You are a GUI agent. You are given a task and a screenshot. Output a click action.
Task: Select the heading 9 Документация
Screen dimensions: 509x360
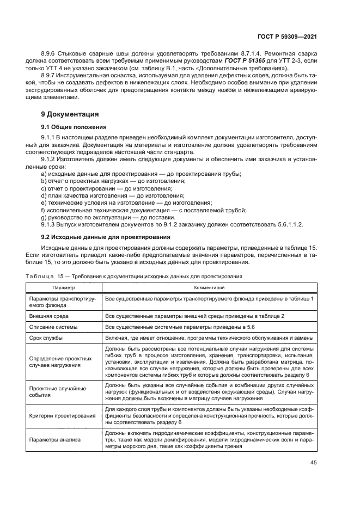[70, 114]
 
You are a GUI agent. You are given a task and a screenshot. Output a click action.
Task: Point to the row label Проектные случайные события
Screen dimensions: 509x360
[57, 393]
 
